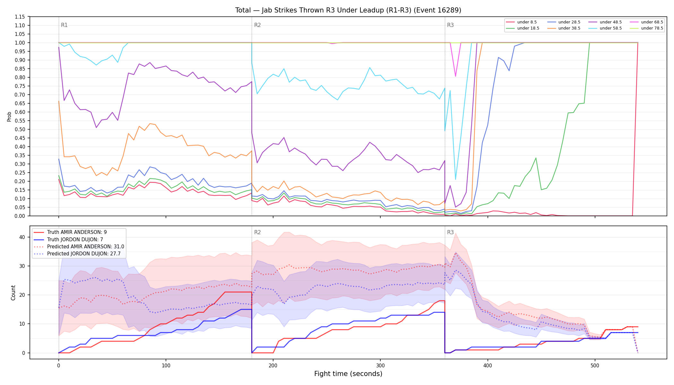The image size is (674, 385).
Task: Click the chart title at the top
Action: (348, 10)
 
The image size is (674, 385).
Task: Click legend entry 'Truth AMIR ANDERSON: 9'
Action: (70, 232)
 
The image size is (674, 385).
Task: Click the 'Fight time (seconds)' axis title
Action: (348, 374)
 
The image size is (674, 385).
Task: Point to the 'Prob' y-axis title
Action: (9, 116)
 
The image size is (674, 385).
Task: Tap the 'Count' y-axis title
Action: (13, 293)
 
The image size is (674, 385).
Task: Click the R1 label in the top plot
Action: (64, 25)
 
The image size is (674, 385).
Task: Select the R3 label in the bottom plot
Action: (450, 232)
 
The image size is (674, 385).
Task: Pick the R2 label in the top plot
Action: (257, 25)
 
